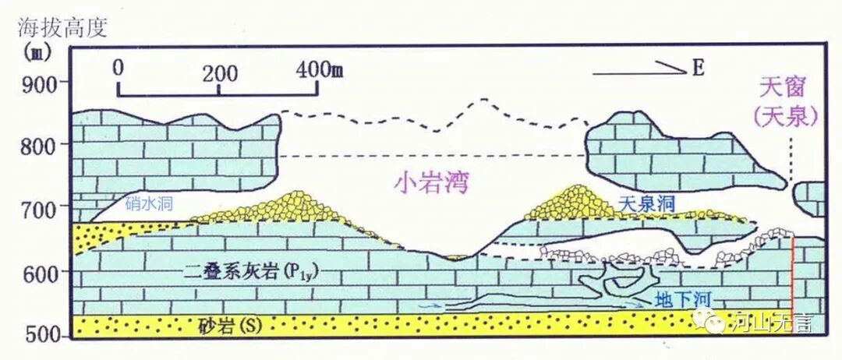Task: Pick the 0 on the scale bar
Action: (119, 67)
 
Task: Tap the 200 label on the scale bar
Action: (219, 73)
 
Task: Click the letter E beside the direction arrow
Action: (697, 70)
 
